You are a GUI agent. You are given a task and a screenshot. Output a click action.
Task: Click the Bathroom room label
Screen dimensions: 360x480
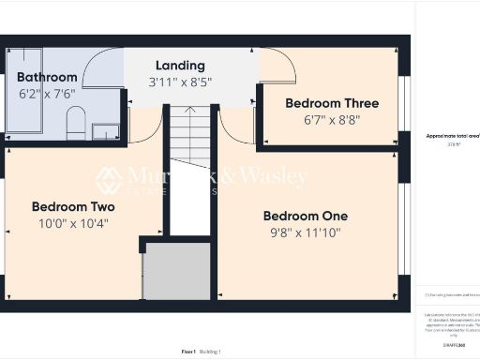pyautogui.click(x=46, y=77)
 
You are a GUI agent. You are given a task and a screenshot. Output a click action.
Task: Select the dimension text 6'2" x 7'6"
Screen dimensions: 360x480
pyautogui.click(x=46, y=94)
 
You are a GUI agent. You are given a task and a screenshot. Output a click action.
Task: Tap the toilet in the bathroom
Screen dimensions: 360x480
pyautogui.click(x=77, y=121)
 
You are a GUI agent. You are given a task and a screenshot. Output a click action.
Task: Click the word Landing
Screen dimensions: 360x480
pyautogui.click(x=181, y=65)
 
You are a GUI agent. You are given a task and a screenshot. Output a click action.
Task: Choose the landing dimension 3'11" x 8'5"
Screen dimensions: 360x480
pyautogui.click(x=181, y=82)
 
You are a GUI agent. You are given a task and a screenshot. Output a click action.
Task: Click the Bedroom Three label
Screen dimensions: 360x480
pyautogui.click(x=332, y=103)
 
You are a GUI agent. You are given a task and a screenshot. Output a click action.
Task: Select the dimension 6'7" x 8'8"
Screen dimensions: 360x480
pyautogui.click(x=332, y=120)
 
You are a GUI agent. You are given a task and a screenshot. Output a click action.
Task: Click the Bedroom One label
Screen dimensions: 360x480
pyautogui.click(x=305, y=216)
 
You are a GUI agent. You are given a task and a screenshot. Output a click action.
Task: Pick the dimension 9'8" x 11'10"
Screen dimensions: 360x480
pyautogui.click(x=305, y=233)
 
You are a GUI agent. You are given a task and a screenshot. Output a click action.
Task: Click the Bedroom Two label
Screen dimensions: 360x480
pyautogui.click(x=73, y=206)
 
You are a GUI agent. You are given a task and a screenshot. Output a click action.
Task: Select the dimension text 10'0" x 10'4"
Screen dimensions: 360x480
pyautogui.click(x=73, y=224)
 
